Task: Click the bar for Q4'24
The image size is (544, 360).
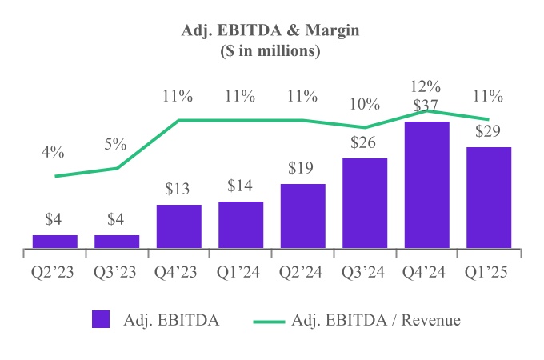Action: (426, 185)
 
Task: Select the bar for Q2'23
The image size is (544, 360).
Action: (55, 241)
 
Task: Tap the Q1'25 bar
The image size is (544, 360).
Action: (488, 198)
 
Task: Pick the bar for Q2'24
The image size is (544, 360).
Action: (302, 216)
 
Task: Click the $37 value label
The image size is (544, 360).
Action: (426, 106)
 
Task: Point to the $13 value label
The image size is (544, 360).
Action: (178, 190)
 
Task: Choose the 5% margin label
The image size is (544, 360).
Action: (117, 145)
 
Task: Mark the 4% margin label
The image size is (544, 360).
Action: (55, 153)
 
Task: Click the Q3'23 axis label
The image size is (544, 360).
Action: (117, 271)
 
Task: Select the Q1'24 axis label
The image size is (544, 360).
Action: (241, 271)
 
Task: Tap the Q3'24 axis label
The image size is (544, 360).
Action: (365, 271)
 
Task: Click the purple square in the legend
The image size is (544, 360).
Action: (100, 319)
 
